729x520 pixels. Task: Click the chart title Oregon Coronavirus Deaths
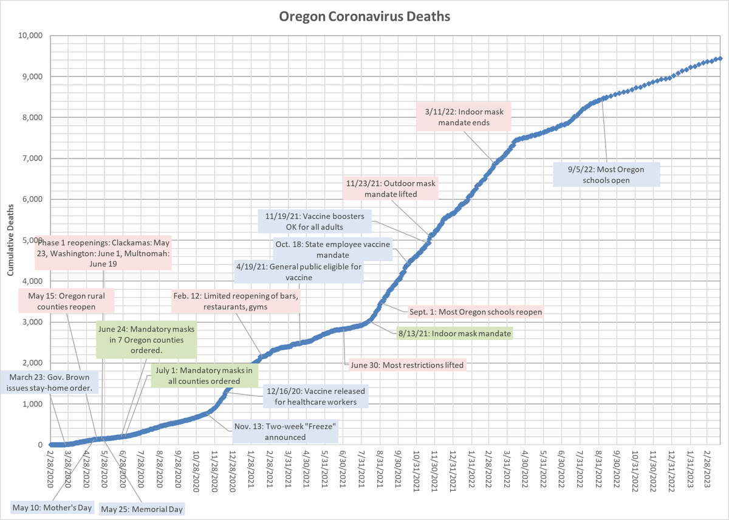(x=364, y=16)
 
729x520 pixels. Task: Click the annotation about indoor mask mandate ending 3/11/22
(x=464, y=117)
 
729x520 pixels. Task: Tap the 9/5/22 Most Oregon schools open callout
(x=606, y=175)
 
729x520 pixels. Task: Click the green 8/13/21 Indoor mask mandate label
(x=454, y=333)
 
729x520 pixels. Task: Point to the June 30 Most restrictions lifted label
(x=407, y=365)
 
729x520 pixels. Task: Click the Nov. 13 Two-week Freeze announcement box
(x=284, y=431)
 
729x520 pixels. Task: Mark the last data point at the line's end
(x=720, y=58)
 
